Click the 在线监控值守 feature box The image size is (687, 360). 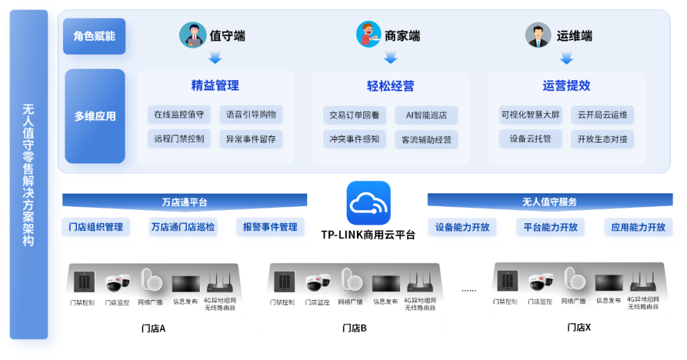179,115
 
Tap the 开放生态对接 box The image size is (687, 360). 602,139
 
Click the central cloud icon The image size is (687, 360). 368,203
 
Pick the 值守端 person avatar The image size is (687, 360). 192,35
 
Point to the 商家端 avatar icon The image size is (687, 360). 368,35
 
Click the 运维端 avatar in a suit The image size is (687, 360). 538,35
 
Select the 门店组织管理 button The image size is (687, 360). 99,227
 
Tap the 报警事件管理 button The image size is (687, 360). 270,227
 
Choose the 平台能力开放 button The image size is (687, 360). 551,227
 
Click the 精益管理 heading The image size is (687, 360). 215,85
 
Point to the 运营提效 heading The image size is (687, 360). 566,85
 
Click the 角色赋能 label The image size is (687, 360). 95,36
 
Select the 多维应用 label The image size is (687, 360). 95,116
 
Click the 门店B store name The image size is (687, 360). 354,328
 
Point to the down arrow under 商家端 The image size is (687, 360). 391,57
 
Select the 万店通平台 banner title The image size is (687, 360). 184,202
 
